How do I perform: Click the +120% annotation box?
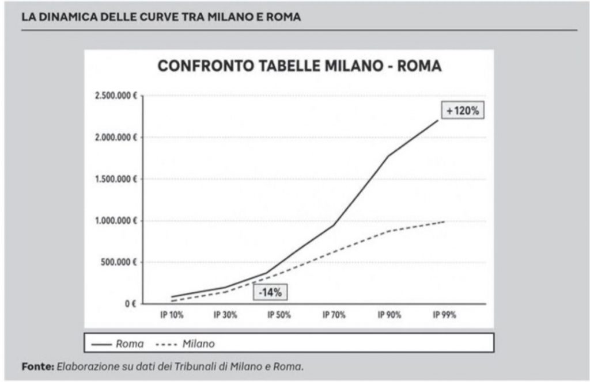click(x=463, y=111)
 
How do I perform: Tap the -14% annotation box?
click(x=269, y=292)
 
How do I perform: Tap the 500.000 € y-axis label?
click(x=119, y=263)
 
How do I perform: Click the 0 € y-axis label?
click(x=130, y=304)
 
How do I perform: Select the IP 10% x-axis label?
click(x=171, y=315)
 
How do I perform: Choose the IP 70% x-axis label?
click(x=334, y=315)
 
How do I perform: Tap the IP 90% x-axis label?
click(x=388, y=315)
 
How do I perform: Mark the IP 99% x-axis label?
click(x=444, y=315)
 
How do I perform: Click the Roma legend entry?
click(x=118, y=343)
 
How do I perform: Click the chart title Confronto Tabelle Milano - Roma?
click(x=300, y=67)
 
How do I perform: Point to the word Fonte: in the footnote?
click(x=38, y=366)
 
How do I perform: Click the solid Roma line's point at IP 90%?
click(x=388, y=155)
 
